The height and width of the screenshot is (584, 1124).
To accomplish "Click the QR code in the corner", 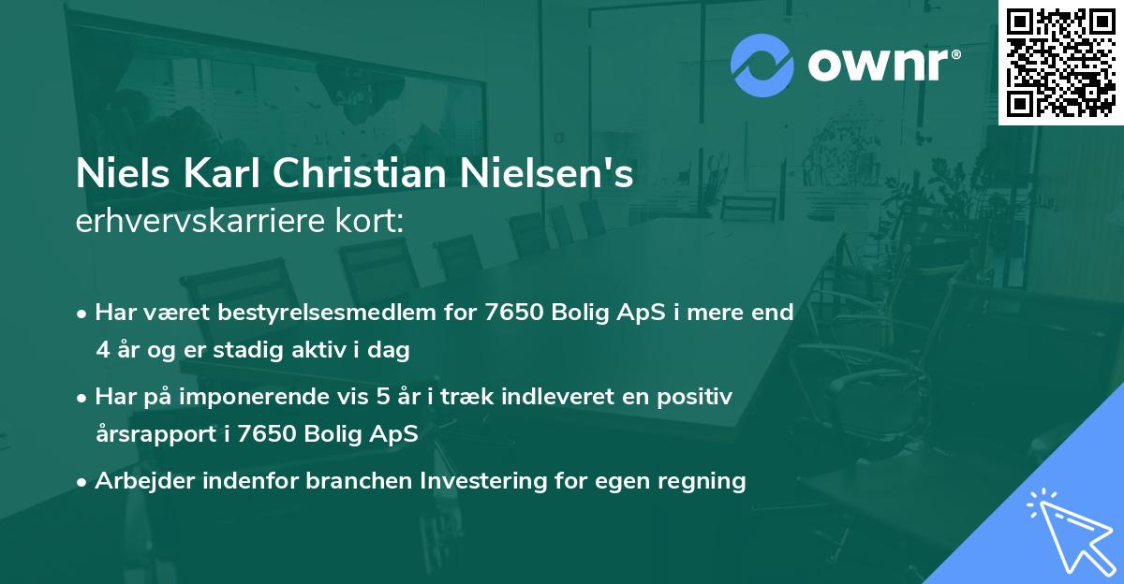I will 1060,62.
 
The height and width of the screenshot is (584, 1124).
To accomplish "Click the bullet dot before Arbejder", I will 83,481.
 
